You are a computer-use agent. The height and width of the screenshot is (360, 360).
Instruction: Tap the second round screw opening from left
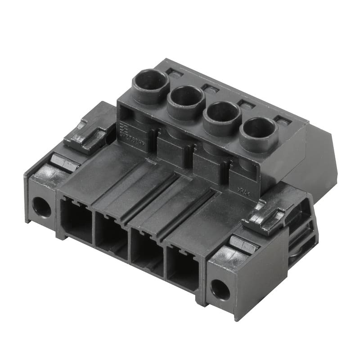(185, 97)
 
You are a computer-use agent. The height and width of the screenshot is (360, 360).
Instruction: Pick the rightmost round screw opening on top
(258, 130)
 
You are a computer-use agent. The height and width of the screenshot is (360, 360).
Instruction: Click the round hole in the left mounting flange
(41, 207)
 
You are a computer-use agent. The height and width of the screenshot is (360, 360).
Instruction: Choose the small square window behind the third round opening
(246, 104)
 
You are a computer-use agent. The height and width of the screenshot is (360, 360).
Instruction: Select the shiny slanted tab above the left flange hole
(63, 162)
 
